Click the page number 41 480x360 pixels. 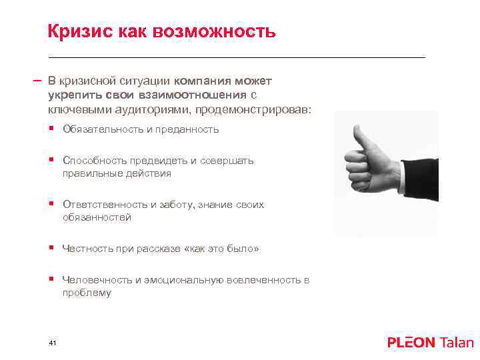point(53,342)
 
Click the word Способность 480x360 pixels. point(93,161)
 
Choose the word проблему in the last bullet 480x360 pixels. point(87,293)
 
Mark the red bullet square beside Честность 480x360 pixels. point(51,249)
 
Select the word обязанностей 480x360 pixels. point(97,217)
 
